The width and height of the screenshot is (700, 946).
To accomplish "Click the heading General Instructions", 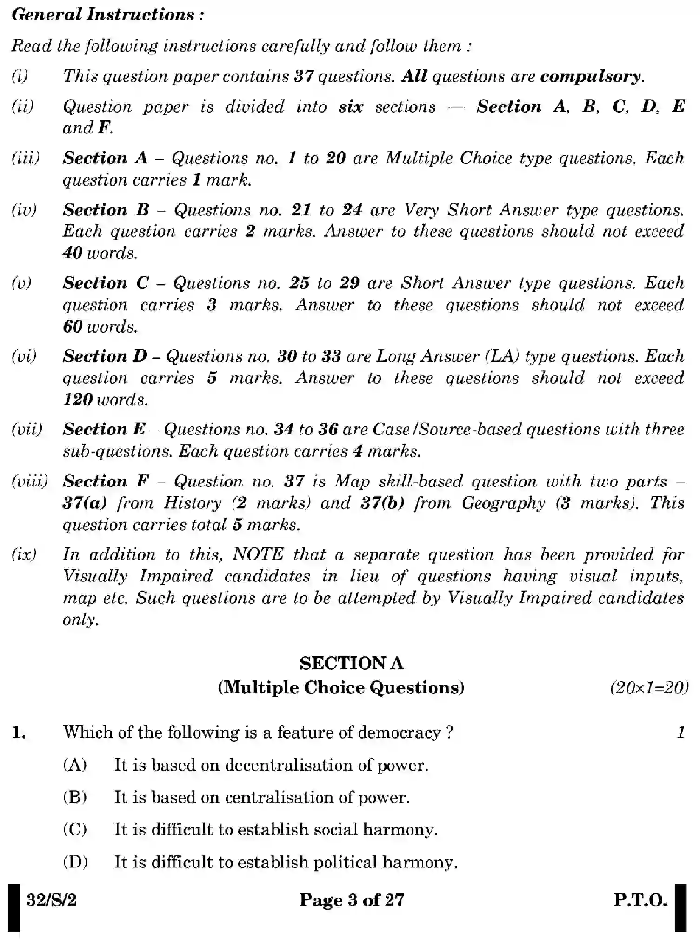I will (107, 15).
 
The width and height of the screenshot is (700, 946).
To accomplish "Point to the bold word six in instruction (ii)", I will (351, 107).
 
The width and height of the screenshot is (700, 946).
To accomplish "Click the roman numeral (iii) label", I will (26, 158).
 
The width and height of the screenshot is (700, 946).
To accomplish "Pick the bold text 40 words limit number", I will (73, 253).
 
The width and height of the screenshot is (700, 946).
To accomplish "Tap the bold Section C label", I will (106, 283).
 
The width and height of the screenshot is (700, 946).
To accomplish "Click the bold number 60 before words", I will (73, 326).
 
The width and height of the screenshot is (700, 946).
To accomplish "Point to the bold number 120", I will (78, 400).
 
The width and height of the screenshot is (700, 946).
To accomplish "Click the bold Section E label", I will (104, 429).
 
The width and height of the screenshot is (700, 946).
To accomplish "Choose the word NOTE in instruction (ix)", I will (258, 555).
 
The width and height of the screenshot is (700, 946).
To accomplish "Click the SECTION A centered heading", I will (352, 663).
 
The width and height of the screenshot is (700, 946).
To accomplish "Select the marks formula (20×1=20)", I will (649, 687).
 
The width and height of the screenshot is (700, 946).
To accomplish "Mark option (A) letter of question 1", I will (75, 765).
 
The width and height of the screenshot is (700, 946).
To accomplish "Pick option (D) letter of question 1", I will (75, 862).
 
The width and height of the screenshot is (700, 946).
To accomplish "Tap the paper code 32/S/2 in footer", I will (51, 900).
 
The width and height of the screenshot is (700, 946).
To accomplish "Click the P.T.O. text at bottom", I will (640, 900).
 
